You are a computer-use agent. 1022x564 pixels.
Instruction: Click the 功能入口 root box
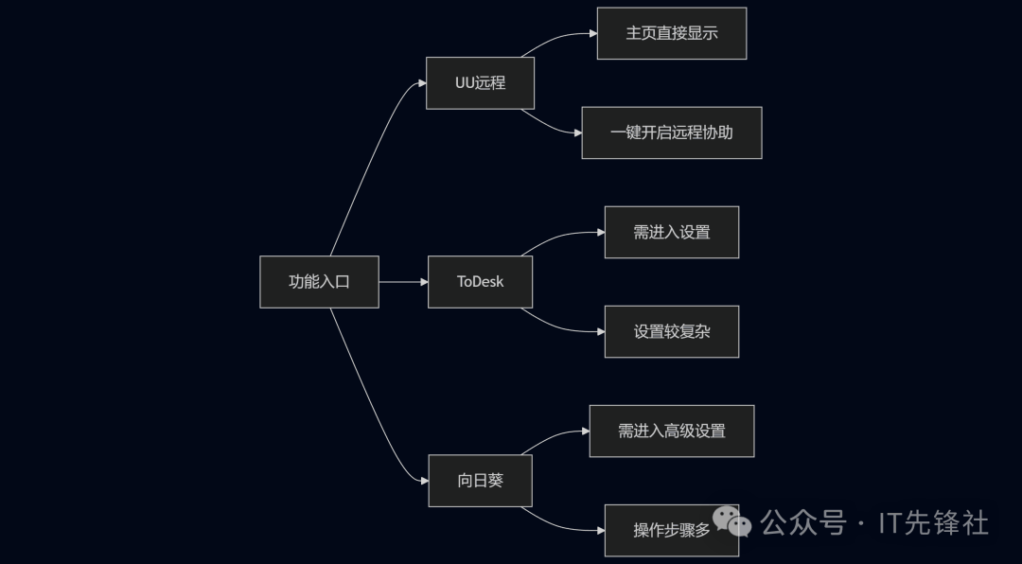[x=319, y=282]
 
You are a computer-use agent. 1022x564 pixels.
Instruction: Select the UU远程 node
[x=480, y=83]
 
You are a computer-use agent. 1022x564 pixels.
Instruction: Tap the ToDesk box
[x=480, y=282]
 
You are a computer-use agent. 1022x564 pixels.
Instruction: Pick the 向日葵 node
[x=480, y=481]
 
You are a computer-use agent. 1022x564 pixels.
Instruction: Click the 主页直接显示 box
[x=671, y=33]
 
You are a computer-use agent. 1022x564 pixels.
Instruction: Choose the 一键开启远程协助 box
[x=671, y=132]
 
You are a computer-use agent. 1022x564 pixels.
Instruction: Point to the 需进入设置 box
[x=671, y=232]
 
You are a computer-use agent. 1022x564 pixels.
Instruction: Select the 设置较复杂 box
[x=671, y=331]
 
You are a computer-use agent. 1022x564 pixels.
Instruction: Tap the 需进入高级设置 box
[x=671, y=431]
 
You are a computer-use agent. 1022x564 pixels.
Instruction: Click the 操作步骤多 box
[x=671, y=530]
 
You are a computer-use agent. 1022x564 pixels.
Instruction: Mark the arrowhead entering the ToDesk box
[x=423, y=282]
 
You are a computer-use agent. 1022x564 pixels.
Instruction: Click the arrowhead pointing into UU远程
[x=421, y=83]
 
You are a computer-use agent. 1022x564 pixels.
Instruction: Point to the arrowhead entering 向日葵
[x=423, y=481]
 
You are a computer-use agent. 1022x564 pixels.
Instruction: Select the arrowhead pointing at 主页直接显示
[x=592, y=33]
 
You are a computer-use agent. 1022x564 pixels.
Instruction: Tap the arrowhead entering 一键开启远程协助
[x=577, y=132]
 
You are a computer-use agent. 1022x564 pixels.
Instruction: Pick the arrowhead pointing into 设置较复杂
[x=600, y=331]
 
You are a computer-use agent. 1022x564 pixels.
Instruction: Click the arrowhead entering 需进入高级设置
[x=585, y=431]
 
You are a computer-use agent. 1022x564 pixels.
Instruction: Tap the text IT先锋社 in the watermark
[x=934, y=522]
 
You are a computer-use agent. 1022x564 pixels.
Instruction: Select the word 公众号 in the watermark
[x=803, y=522]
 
